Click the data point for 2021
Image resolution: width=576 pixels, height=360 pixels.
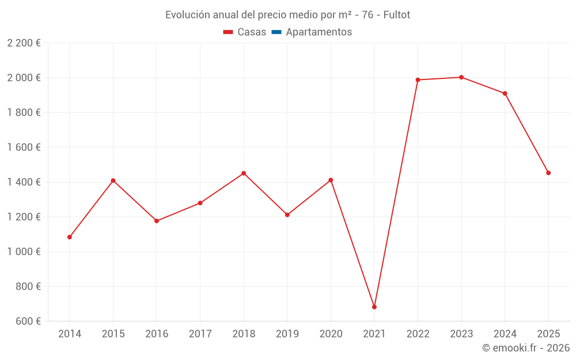pyautogui.click(x=374, y=307)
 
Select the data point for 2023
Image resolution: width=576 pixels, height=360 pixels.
pyautogui.click(x=461, y=77)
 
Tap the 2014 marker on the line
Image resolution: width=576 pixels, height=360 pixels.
pyautogui.click(x=70, y=237)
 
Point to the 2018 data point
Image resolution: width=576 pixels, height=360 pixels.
pyautogui.click(x=244, y=173)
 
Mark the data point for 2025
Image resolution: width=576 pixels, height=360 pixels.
pyautogui.click(x=548, y=173)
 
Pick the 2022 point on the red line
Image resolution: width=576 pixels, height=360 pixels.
pyautogui.click(x=418, y=80)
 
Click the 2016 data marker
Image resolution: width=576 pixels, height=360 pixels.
pyautogui.click(x=157, y=221)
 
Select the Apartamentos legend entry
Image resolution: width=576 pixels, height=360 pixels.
pyautogui.click(x=319, y=32)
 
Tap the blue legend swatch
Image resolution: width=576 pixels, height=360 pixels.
pyautogui.click(x=276, y=32)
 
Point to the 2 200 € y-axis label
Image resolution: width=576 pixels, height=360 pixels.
pyautogui.click(x=24, y=43)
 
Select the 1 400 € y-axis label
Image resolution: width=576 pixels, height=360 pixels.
pyautogui.click(x=24, y=182)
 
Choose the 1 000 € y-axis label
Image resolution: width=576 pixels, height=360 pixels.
pyautogui.click(x=24, y=252)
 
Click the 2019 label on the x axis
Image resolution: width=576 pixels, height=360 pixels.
pyautogui.click(x=287, y=334)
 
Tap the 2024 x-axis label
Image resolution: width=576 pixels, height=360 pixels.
pyautogui.click(x=505, y=334)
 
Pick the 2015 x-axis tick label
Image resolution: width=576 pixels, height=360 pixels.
pyautogui.click(x=113, y=334)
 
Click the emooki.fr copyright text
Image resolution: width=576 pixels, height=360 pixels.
pyautogui.click(x=526, y=348)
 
